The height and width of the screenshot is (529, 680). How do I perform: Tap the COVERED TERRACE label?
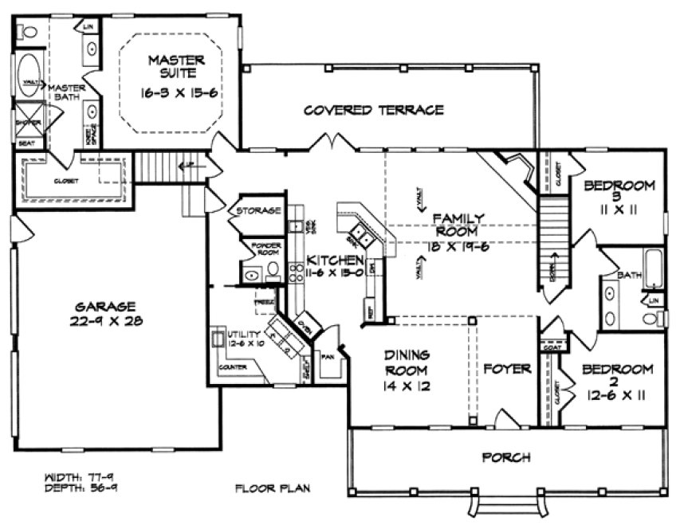[x=373, y=110]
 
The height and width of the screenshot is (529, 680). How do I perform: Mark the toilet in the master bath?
[x=29, y=33]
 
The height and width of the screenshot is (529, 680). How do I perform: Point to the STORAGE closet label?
[x=255, y=211]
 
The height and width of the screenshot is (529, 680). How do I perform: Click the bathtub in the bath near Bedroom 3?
[x=653, y=268]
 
